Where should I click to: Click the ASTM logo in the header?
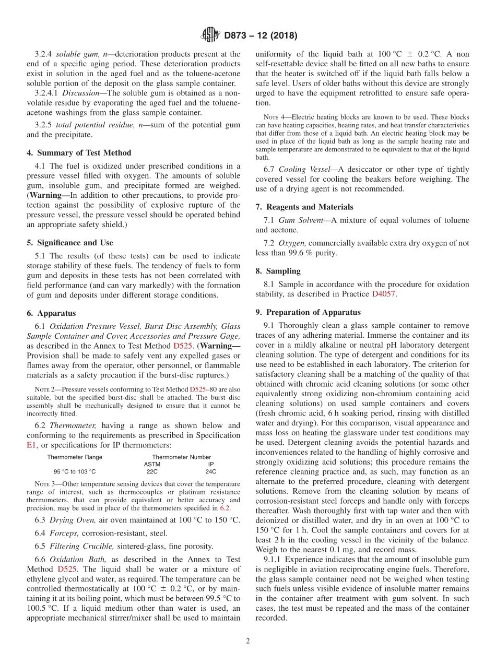(x=210, y=35)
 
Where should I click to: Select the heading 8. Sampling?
(x=278, y=271)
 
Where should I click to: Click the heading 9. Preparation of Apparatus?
(x=308, y=313)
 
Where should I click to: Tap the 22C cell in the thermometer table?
(x=152, y=471)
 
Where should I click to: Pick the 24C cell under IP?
(x=211, y=471)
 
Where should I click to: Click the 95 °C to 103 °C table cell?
(x=75, y=471)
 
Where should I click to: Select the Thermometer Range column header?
(x=75, y=457)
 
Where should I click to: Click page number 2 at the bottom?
(x=248, y=641)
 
